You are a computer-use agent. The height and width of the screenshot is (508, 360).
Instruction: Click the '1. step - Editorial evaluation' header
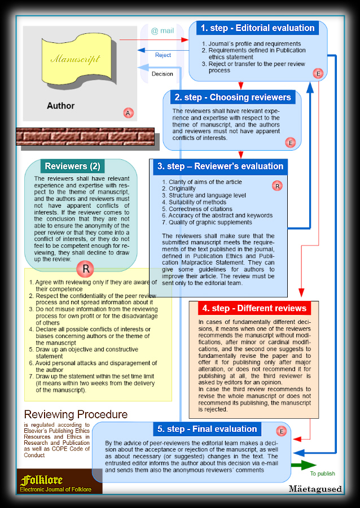258,28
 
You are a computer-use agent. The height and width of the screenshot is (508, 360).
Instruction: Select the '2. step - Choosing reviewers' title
232,97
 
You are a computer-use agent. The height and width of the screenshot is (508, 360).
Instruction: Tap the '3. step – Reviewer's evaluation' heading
220,166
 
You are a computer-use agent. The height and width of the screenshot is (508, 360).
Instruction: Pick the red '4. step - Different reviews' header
254,308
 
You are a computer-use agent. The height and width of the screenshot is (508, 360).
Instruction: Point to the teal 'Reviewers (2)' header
72,166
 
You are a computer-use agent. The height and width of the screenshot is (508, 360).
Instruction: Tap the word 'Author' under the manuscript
60,106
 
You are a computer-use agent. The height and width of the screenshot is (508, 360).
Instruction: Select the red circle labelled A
128,113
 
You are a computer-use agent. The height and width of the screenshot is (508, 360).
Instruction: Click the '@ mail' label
163,30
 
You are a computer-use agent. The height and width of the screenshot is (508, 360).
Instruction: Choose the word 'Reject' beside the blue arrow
163,55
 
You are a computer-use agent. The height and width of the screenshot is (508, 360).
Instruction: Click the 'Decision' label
163,74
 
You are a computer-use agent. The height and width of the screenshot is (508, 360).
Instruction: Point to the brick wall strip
85,136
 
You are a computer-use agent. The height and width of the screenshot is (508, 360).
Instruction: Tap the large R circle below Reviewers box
85,269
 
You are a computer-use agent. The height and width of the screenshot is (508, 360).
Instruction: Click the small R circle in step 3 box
277,185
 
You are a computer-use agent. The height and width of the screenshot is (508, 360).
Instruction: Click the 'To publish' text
322,474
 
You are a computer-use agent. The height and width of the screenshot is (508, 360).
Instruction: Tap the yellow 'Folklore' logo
41,480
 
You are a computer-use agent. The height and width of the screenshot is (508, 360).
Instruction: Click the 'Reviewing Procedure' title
76,414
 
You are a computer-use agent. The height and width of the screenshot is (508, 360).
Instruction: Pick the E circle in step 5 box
282,431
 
